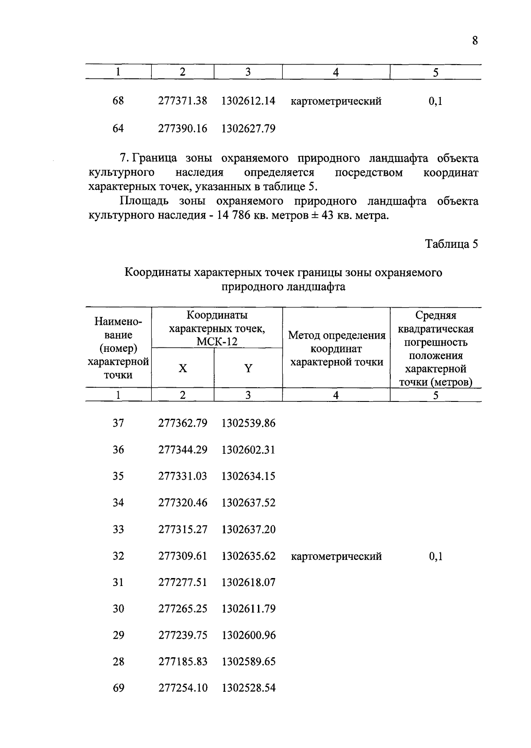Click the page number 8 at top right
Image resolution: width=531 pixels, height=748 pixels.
[x=475, y=41]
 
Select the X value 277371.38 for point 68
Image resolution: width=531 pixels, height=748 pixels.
[x=183, y=101]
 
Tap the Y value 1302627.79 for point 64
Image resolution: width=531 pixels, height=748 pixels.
[x=248, y=129]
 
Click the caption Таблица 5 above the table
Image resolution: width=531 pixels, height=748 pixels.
[x=451, y=244]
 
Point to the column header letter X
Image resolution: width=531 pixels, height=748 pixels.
[x=183, y=368]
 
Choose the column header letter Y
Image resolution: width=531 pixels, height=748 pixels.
[x=248, y=368]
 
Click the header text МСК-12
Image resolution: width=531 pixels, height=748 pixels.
[x=217, y=342]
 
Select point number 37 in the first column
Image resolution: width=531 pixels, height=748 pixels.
[x=118, y=423]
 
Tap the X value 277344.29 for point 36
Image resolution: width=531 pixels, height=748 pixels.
[x=183, y=450]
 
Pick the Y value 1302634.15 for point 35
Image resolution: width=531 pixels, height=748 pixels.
[x=248, y=476]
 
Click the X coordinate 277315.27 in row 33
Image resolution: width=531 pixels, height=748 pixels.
[x=183, y=529]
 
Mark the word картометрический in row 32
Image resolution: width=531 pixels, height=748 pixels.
[x=336, y=556]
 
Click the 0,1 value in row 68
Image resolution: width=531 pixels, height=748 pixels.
[x=435, y=101]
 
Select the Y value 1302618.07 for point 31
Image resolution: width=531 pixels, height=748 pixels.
[x=248, y=582]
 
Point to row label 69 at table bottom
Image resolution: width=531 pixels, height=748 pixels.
[x=118, y=688]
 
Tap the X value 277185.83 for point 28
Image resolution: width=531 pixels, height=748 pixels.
[x=183, y=662]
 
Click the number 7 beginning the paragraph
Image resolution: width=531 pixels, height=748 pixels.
[x=123, y=158]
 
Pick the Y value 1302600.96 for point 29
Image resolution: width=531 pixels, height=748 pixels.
[x=248, y=635]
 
